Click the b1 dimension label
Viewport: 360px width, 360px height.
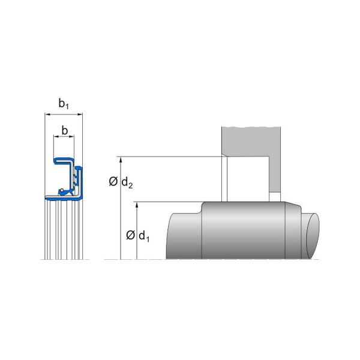click(64, 104)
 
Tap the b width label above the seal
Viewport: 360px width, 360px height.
click(65, 130)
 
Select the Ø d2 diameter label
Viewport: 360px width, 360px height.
click(121, 182)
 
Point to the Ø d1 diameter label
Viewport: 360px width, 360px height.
click(138, 236)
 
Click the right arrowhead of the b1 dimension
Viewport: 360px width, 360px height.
click(80, 114)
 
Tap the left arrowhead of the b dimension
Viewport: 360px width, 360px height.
click(56, 136)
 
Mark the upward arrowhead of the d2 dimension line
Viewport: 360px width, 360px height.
click(121, 160)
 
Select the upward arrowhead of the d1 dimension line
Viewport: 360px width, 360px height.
click(137, 205)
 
